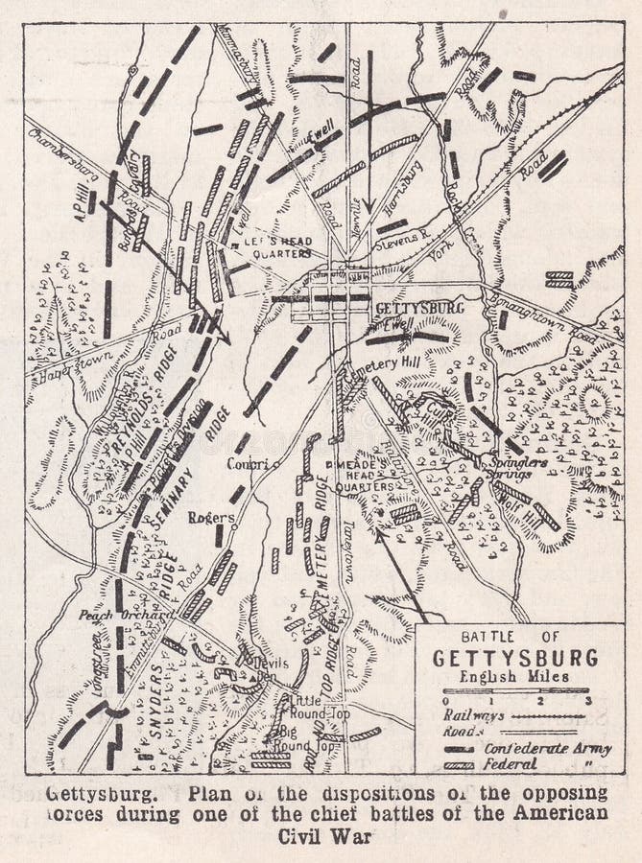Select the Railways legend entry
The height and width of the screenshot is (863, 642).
coord(476,713)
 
